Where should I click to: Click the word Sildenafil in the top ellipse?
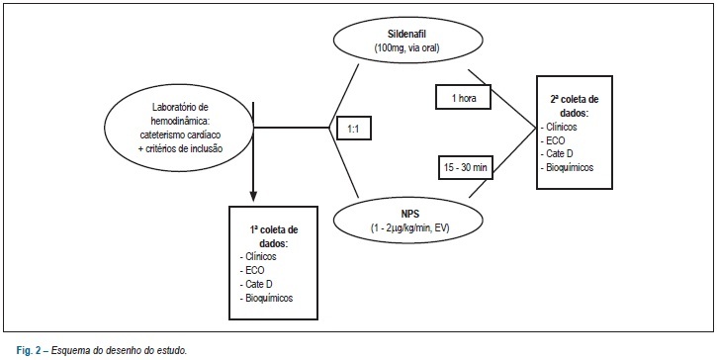[x=407, y=35]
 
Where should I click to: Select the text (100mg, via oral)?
[x=407, y=47]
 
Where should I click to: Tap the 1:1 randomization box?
[x=353, y=129]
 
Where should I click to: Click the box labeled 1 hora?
[x=463, y=97]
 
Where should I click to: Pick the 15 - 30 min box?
[x=463, y=168]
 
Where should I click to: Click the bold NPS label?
[x=407, y=214]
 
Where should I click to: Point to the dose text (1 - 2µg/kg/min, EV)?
[x=407, y=225]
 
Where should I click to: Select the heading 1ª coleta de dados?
[x=273, y=236]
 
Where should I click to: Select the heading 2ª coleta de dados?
[x=575, y=105]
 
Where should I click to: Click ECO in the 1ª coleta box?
[x=254, y=270]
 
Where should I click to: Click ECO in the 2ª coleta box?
[x=555, y=140]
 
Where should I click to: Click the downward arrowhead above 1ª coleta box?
[x=253, y=196]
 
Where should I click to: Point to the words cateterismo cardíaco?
[x=179, y=135]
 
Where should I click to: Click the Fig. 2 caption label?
[x=29, y=351]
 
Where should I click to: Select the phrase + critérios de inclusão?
[x=181, y=148]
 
